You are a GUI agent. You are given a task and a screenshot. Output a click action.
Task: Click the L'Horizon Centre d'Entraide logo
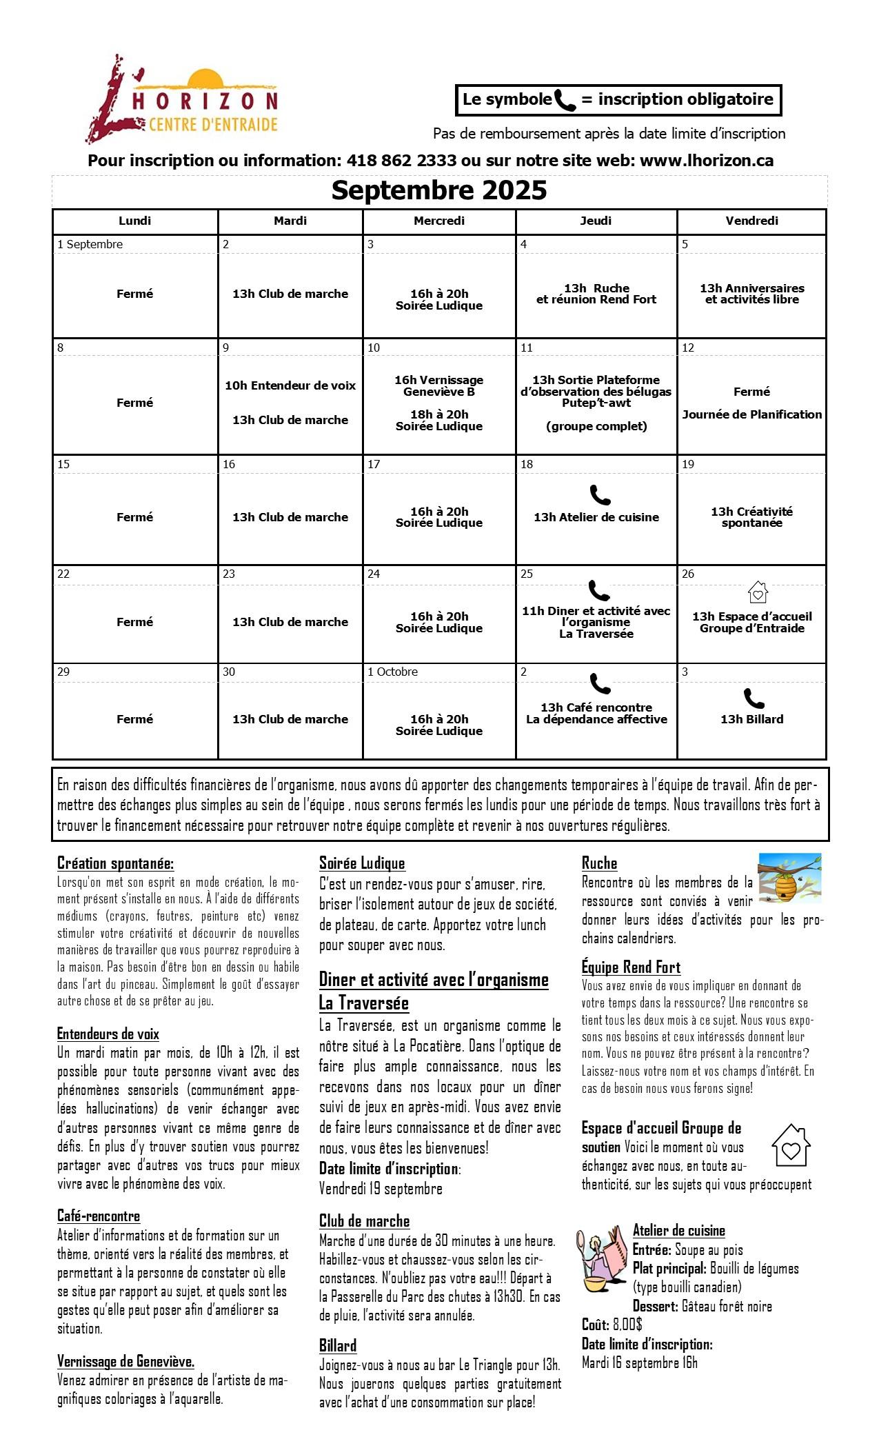[183, 100]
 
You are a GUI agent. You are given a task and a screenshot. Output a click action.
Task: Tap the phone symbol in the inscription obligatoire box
[565, 101]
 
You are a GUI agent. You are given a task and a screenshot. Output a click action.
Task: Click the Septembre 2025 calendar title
[439, 190]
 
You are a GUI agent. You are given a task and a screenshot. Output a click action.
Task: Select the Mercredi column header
[439, 221]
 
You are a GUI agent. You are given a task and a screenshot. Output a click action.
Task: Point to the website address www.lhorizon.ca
[707, 161]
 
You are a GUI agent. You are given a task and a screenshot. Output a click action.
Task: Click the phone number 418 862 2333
[401, 161]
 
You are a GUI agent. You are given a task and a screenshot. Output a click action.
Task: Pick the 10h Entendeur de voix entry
[290, 385]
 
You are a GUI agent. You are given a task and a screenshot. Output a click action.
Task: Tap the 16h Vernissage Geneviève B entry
[439, 385]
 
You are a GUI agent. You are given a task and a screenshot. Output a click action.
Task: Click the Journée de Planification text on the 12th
[752, 414]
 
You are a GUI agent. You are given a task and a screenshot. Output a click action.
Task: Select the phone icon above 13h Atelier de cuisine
[600, 494]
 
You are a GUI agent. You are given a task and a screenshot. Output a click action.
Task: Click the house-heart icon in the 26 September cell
[758, 592]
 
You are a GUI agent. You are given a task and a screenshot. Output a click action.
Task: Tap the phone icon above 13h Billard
[754, 698]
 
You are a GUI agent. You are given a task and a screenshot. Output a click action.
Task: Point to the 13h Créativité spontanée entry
[752, 517]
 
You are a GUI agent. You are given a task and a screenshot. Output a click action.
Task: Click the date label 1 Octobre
[392, 672]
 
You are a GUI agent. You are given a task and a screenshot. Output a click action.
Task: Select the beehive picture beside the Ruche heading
[789, 878]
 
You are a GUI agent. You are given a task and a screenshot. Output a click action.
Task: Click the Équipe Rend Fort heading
[631, 967]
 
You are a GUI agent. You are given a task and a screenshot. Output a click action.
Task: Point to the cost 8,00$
[627, 1324]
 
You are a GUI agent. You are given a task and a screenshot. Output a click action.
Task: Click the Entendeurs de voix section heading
[108, 1034]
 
